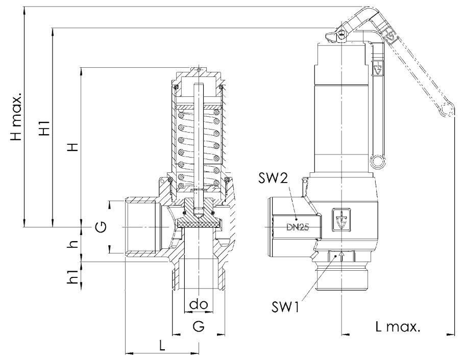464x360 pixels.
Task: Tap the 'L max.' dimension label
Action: click(398, 326)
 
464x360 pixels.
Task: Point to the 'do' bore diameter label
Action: click(197, 304)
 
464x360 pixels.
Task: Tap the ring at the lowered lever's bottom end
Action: click(378, 162)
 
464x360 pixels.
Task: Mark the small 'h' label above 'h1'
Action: click(75, 244)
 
